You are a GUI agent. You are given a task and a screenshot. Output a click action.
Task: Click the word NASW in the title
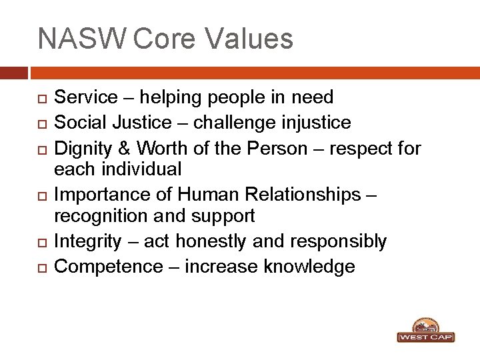coord(81,39)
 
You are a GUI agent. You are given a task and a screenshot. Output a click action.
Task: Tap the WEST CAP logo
coord(425,331)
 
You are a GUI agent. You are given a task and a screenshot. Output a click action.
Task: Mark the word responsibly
coord(339,241)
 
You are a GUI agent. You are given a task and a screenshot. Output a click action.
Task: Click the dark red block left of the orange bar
coord(14,72)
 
